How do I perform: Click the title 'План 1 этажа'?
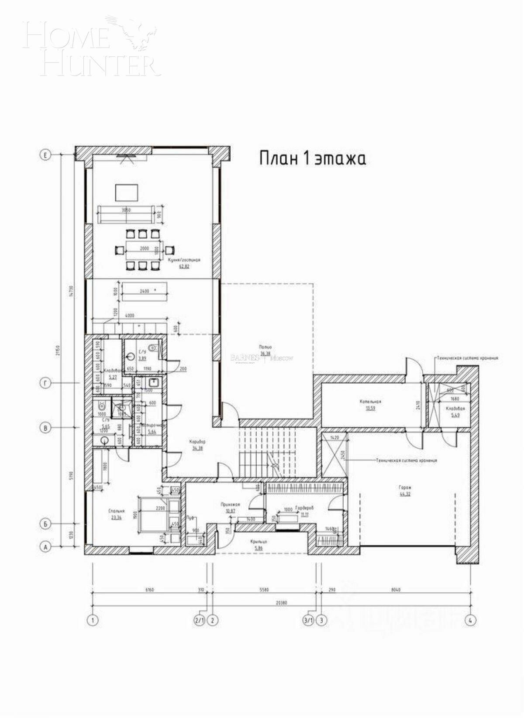pyautogui.click(x=313, y=158)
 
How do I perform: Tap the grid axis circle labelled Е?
pyautogui.click(x=45, y=155)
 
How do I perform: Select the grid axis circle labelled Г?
pyautogui.click(x=45, y=383)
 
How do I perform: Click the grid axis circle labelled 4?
pyautogui.click(x=471, y=620)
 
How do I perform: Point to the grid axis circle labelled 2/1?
pyautogui.click(x=200, y=620)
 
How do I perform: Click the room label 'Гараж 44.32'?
pyautogui.click(x=405, y=491)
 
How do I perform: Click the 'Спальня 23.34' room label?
pyautogui.click(x=117, y=514)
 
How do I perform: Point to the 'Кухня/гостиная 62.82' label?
pyautogui.click(x=184, y=262)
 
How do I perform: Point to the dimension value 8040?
pyautogui.click(x=396, y=590)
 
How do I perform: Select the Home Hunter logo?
pyautogui.click(x=91, y=45)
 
